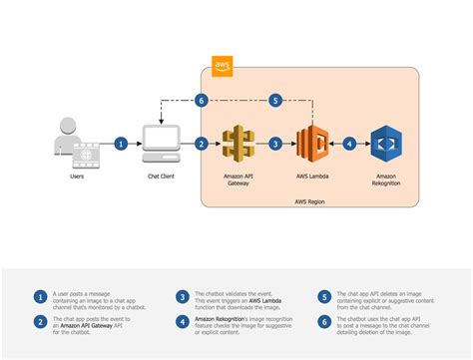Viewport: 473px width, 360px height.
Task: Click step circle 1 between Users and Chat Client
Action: click(121, 144)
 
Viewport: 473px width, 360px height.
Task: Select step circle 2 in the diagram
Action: click(202, 144)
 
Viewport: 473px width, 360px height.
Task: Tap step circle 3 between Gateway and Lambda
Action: click(275, 144)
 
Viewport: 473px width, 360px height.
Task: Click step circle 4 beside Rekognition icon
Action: click(349, 144)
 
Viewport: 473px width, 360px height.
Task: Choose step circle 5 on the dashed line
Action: click(275, 100)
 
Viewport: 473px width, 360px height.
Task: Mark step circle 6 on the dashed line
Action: click(202, 100)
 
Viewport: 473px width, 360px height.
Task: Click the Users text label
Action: click(76, 176)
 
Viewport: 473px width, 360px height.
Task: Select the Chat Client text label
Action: click(162, 176)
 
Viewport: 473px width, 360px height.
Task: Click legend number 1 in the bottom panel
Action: click(41, 297)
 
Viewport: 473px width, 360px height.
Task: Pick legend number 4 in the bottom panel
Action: click(183, 322)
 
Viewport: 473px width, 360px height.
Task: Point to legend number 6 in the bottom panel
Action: click(325, 322)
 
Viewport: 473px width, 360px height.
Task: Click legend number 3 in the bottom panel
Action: click(183, 297)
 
